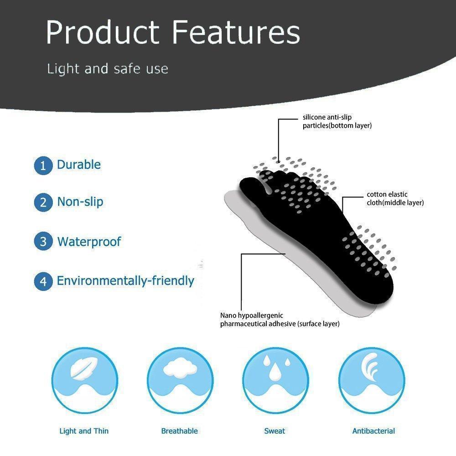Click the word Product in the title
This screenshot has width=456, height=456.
[x=103, y=32]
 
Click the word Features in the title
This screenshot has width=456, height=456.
[x=236, y=32]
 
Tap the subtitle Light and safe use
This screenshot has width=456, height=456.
[x=108, y=69]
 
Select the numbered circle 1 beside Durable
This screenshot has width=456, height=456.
[x=43, y=166]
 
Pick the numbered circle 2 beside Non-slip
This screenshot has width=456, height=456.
[x=43, y=202]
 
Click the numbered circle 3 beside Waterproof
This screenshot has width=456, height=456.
[x=43, y=241]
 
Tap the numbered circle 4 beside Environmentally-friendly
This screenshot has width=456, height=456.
[x=43, y=281]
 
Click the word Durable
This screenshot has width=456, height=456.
[x=79, y=165]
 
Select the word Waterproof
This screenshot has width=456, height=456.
[x=89, y=242]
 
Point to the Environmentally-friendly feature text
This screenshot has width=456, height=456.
[x=125, y=281]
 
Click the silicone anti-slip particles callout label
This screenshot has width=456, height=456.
[x=337, y=121]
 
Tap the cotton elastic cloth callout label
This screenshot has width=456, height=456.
[x=395, y=198]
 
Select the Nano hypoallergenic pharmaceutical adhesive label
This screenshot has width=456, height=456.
[x=280, y=320]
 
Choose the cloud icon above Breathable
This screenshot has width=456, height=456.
[x=180, y=368]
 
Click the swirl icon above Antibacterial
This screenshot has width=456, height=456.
[x=370, y=367]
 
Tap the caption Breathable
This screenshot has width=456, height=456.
[x=179, y=431]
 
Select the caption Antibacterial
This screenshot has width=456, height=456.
[x=374, y=431]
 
